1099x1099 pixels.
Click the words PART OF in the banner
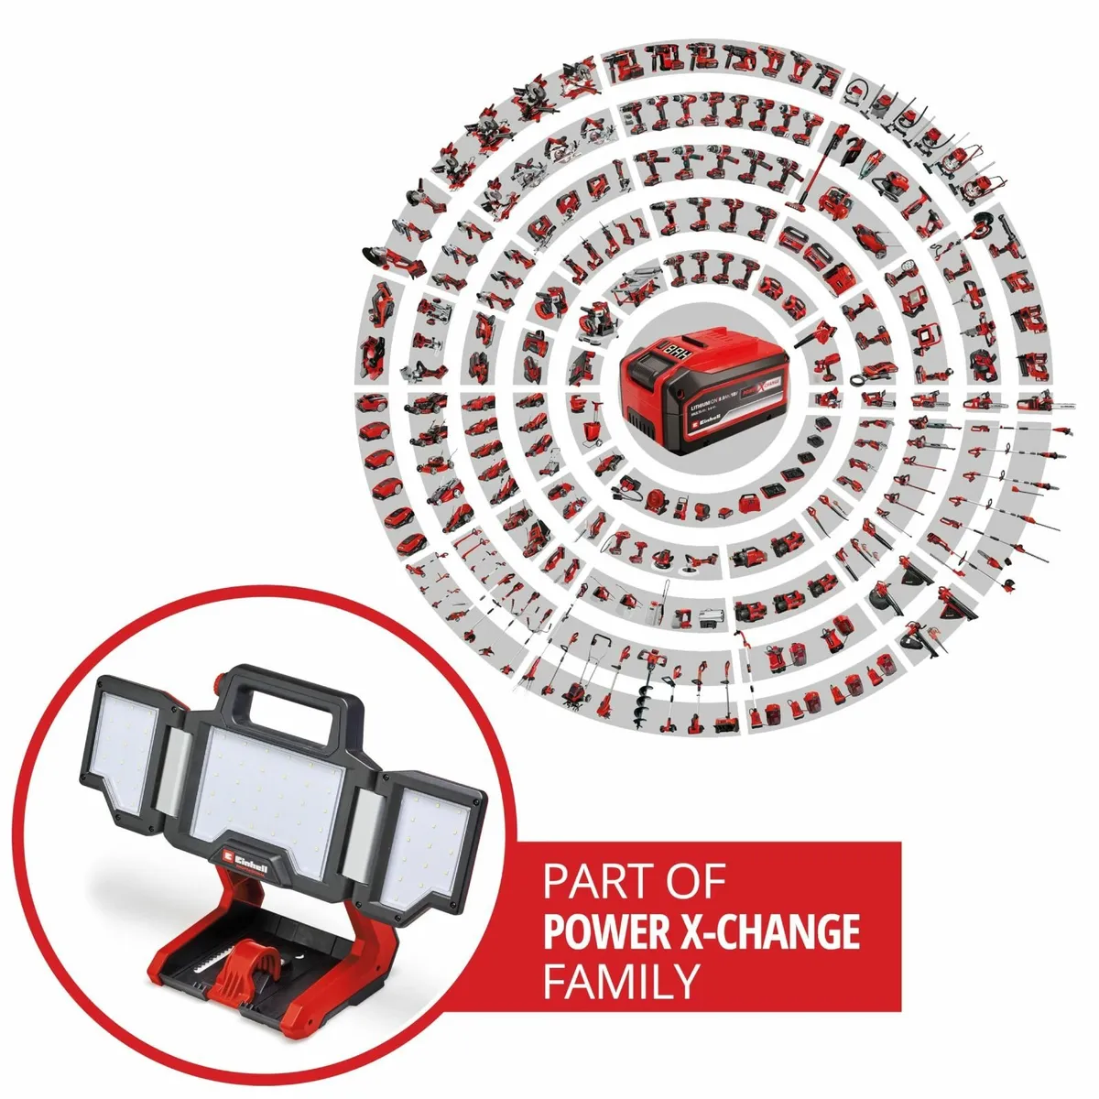pyautogui.click(x=634, y=883)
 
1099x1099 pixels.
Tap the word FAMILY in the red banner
pyautogui.click(x=620, y=981)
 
